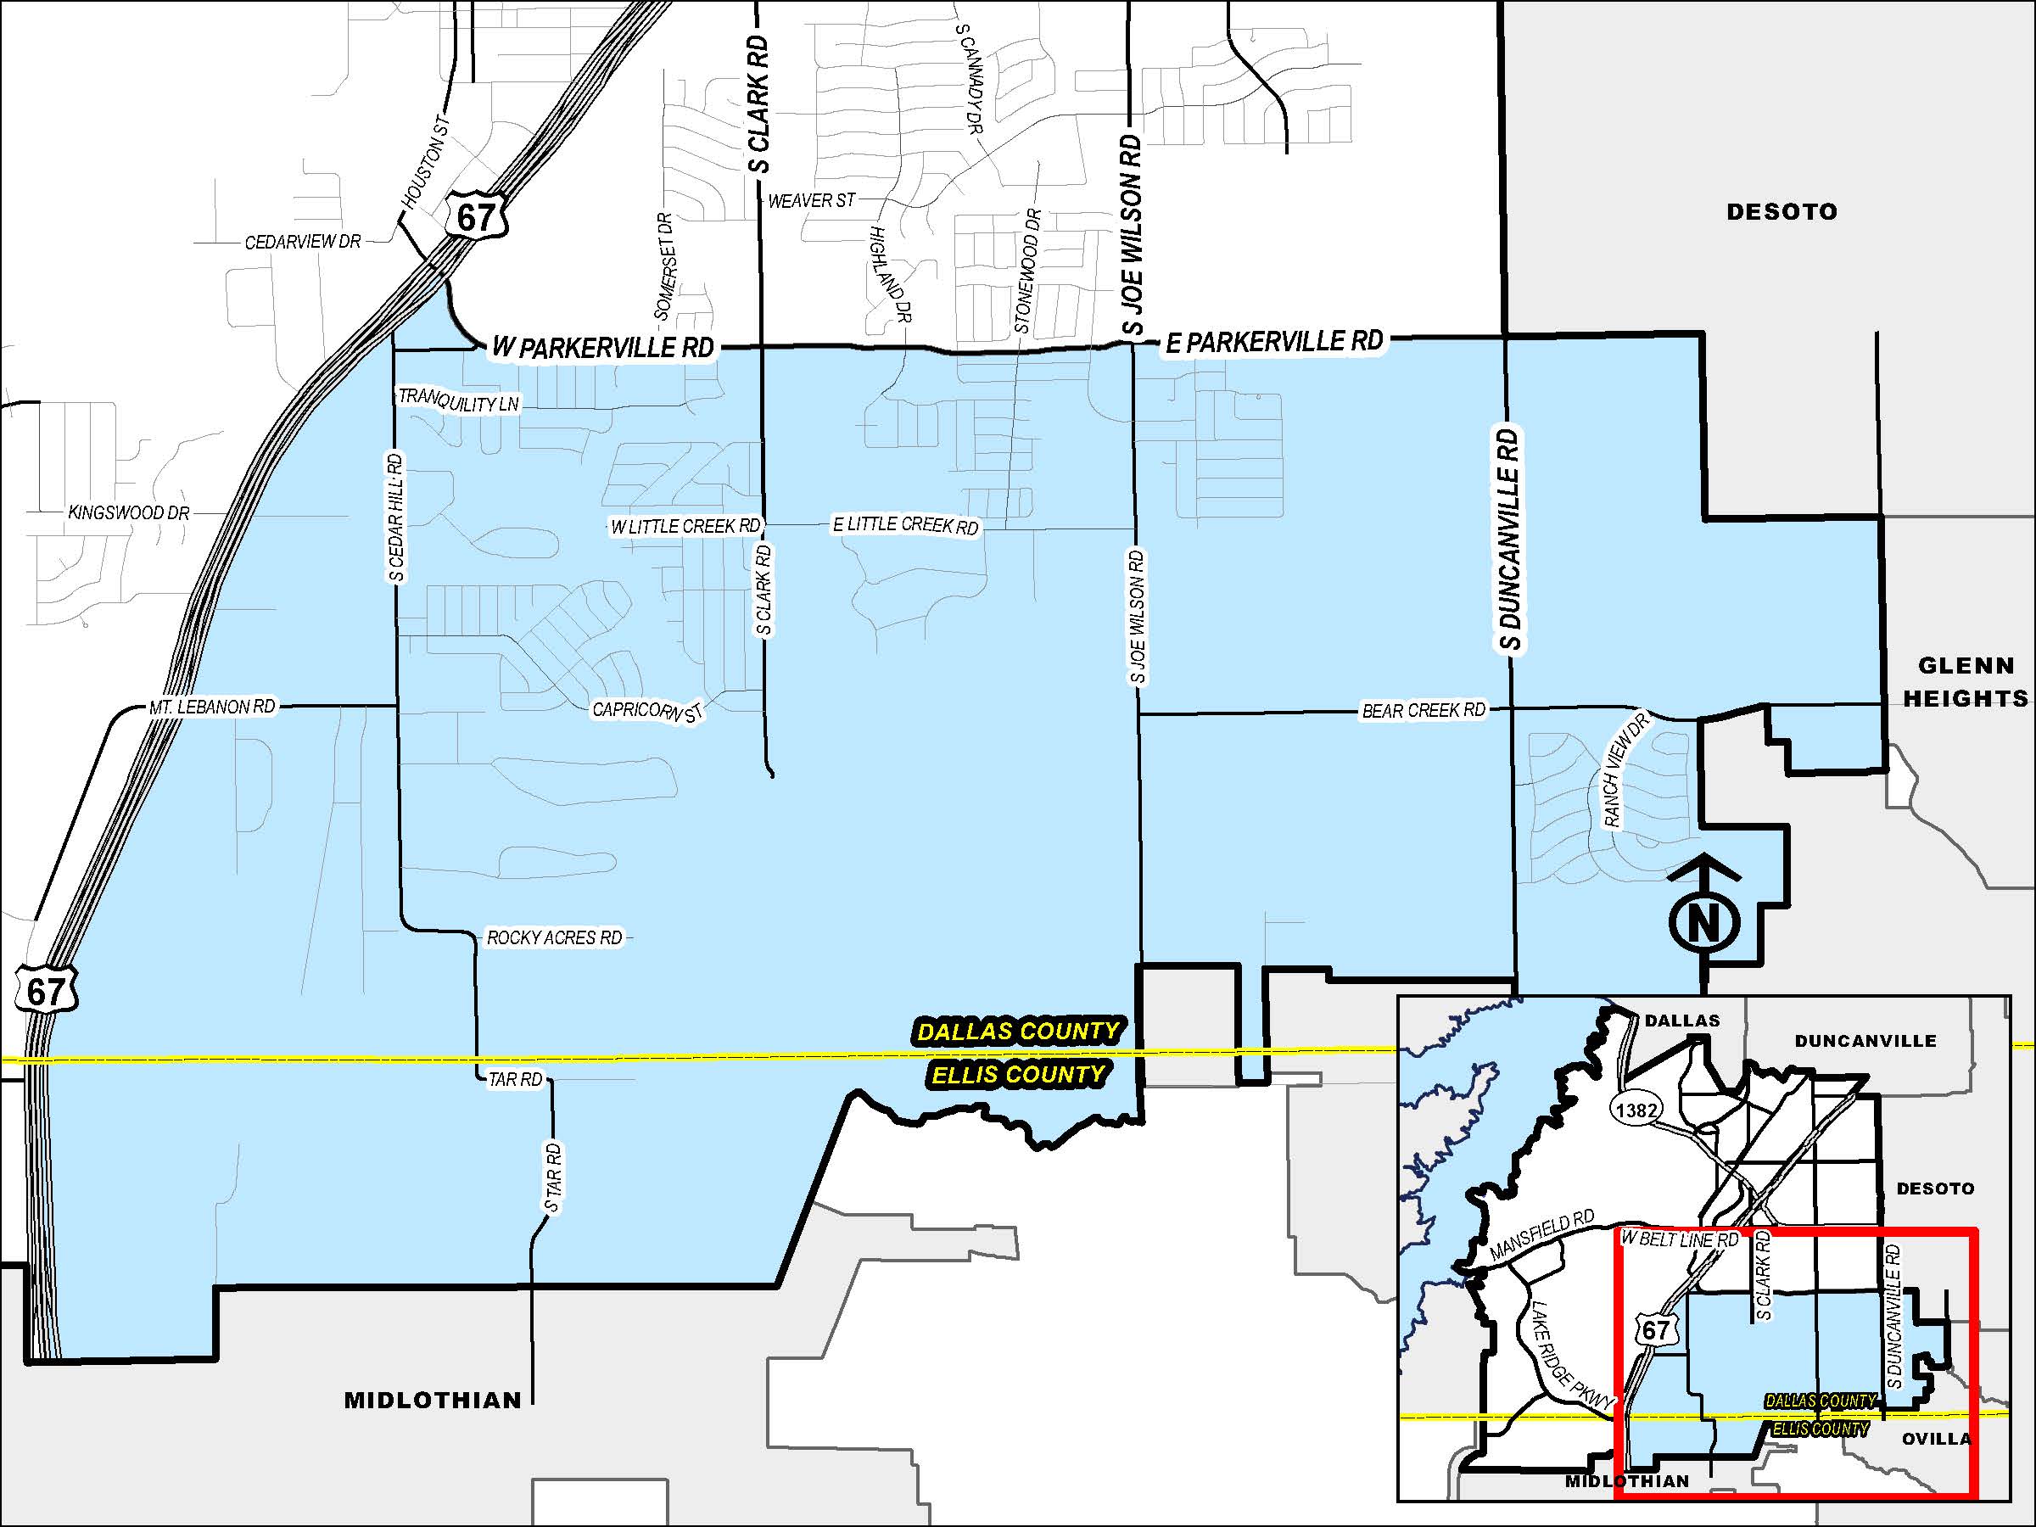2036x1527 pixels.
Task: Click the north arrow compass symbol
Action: pyautogui.click(x=1703, y=920)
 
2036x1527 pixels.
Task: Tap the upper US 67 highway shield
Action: pyautogui.click(x=475, y=217)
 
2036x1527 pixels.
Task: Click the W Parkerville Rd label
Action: pyautogui.click(x=603, y=348)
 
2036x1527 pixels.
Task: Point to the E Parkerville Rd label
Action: pyautogui.click(x=1274, y=342)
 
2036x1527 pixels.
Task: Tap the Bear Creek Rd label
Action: pyautogui.click(x=1423, y=711)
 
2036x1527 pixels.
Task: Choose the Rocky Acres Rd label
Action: pyautogui.click(x=554, y=938)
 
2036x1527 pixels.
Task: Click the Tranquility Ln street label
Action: pyautogui.click(x=458, y=401)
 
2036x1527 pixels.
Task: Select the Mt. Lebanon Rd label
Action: pyautogui.click(x=212, y=707)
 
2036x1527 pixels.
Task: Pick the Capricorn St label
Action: pyautogui.click(x=647, y=711)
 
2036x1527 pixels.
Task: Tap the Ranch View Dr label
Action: pyautogui.click(x=1626, y=772)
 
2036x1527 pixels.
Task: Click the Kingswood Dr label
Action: pyautogui.click(x=129, y=512)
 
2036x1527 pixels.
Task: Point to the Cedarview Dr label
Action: pyautogui.click(x=303, y=243)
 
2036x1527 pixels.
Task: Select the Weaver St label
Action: pyautogui.click(x=811, y=199)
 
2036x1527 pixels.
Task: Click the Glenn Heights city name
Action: pyautogui.click(x=1965, y=682)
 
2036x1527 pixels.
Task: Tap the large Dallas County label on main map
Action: pyautogui.click(x=1018, y=1031)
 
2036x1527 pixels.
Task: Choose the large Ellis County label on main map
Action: pyautogui.click(x=1018, y=1074)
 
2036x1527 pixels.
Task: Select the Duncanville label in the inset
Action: pyautogui.click(x=1865, y=1041)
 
